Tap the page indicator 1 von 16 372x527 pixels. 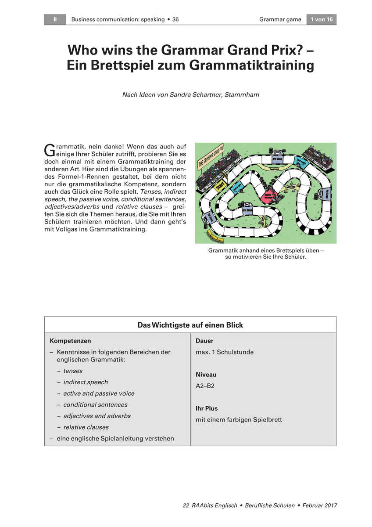[321, 19]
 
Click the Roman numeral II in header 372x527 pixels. [55, 19]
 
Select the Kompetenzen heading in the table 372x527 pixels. [70, 341]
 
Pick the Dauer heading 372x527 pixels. [204, 341]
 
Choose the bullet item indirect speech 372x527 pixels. [85, 382]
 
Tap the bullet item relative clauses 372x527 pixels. [86, 427]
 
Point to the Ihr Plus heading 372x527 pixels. [207, 408]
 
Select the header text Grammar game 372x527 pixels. [280, 19]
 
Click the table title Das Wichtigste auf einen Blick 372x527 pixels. [190, 325]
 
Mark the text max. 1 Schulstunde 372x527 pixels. [225, 352]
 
